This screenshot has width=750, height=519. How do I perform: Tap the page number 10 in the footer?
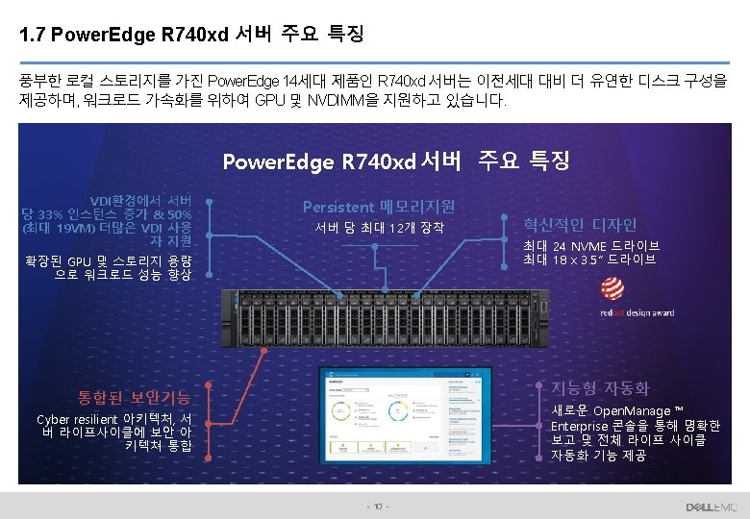point(378,507)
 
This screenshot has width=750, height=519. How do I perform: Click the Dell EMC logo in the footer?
point(711,507)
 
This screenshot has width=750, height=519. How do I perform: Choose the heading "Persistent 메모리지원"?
point(379,206)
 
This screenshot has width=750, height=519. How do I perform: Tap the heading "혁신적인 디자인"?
point(580,225)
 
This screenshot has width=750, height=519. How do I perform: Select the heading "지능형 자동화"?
point(599,388)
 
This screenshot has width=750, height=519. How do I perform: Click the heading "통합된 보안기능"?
point(134,396)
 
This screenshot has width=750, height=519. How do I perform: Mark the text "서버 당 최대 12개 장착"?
point(379,229)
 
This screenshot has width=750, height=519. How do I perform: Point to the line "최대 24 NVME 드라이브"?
point(590,246)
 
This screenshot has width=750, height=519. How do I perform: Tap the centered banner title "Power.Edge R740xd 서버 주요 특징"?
point(396,161)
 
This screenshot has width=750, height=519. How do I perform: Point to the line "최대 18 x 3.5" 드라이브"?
point(589,259)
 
